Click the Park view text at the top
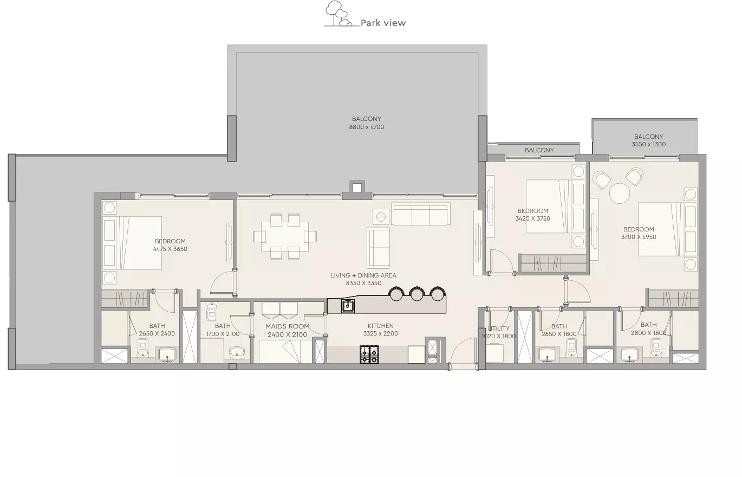[x=383, y=23]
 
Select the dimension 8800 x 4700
[x=366, y=127]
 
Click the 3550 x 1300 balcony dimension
[x=648, y=144]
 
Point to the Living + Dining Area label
[x=363, y=275]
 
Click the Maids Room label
[x=287, y=326]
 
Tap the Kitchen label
[x=381, y=326]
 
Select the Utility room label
[x=499, y=328]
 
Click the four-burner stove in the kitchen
[x=369, y=354]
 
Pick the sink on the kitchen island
[x=348, y=306]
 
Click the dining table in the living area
[x=284, y=237]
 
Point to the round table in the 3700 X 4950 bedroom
[x=620, y=194]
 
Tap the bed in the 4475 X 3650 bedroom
[x=132, y=243]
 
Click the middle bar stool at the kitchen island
[x=416, y=293]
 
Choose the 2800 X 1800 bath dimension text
[x=648, y=333]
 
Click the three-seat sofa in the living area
[x=420, y=215]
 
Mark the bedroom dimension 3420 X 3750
[x=532, y=218]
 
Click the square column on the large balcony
[x=357, y=188]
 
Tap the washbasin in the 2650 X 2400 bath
[x=167, y=355]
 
